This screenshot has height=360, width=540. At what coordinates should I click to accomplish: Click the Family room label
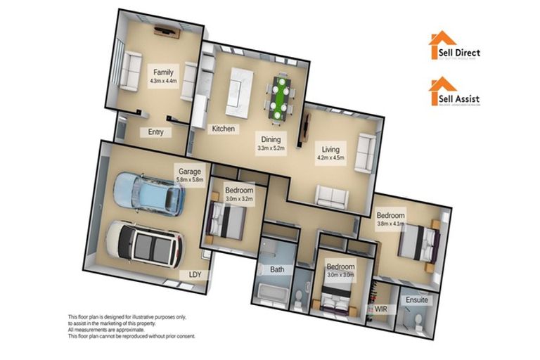(x=163, y=71)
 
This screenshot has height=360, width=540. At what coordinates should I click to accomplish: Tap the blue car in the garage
(x=149, y=193)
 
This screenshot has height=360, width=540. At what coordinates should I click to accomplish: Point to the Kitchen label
(x=224, y=129)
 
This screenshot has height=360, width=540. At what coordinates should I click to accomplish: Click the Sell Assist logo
(x=455, y=94)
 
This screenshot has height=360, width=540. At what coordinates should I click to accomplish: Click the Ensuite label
(x=416, y=300)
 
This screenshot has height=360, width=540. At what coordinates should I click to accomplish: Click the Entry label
(x=155, y=131)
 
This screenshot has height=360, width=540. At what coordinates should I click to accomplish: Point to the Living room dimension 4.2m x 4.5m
(x=331, y=158)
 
